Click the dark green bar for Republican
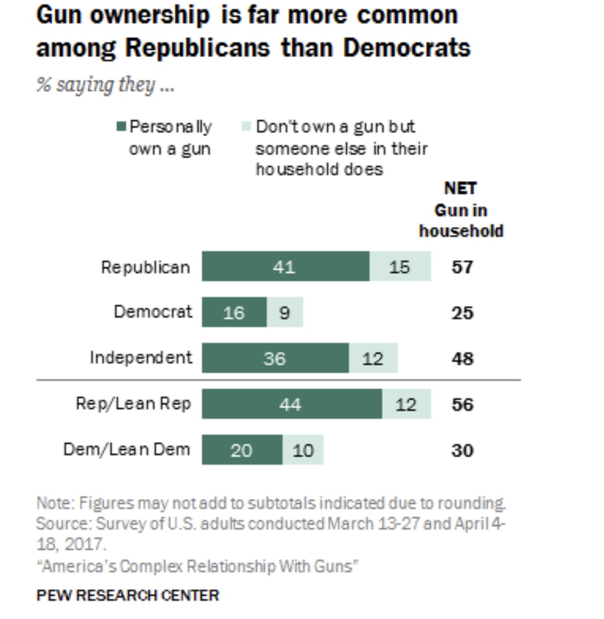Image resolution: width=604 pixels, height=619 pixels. pyautogui.click(x=285, y=267)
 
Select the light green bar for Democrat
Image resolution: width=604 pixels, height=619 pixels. pyautogui.click(x=285, y=312)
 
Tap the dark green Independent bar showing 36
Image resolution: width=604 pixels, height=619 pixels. pyautogui.click(x=275, y=358)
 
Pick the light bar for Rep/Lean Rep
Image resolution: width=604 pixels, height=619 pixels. pyautogui.click(x=406, y=404)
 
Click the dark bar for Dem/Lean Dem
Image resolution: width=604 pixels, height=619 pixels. pyautogui.click(x=242, y=450)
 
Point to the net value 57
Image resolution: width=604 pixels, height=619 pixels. pyautogui.click(x=462, y=267)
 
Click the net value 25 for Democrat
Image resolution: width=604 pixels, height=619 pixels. pyautogui.click(x=462, y=313)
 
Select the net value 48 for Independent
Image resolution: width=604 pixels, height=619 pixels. pyautogui.click(x=462, y=359)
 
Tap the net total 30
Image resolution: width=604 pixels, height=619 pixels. pyautogui.click(x=462, y=450)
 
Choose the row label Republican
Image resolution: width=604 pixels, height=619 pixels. pyautogui.click(x=145, y=267)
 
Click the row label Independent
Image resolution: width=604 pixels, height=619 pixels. pyautogui.click(x=141, y=358)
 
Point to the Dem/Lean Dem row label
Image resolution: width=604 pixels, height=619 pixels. pyautogui.click(x=126, y=449)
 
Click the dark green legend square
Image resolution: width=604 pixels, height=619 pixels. pyautogui.click(x=121, y=127)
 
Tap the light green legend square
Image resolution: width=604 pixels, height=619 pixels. pyautogui.click(x=246, y=127)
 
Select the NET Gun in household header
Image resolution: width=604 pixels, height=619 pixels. pyautogui.click(x=461, y=210)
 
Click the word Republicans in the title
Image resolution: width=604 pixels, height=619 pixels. pyautogui.click(x=198, y=48)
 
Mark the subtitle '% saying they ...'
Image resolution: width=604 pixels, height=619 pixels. pyautogui.click(x=105, y=85)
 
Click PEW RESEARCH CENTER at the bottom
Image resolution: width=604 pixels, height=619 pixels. pyautogui.click(x=128, y=595)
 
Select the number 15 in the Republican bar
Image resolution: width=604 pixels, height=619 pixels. pyautogui.click(x=399, y=267)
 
